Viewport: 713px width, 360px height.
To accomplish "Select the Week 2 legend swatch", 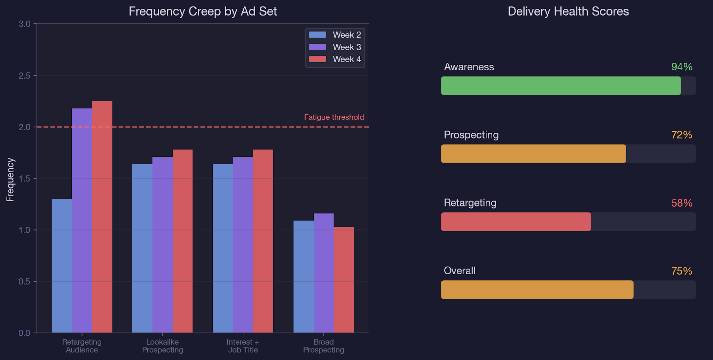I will click(x=318, y=35).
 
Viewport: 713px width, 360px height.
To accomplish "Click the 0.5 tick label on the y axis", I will click(x=24, y=281).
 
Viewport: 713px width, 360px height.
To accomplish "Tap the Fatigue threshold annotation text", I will click(x=334, y=117).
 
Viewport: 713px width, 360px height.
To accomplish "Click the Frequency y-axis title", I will click(x=10, y=180).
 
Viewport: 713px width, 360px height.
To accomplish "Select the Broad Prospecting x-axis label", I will click(x=323, y=346).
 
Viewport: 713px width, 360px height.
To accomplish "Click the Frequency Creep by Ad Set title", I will click(x=203, y=11).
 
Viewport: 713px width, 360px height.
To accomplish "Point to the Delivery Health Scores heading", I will click(x=568, y=11).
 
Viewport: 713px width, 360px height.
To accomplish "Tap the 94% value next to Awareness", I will click(x=682, y=67).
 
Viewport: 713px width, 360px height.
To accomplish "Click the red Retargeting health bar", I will click(x=516, y=222).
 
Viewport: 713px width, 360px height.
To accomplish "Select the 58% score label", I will click(x=682, y=203).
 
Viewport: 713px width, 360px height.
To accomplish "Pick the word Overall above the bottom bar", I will click(x=460, y=271).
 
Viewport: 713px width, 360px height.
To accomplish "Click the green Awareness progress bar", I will click(x=561, y=86).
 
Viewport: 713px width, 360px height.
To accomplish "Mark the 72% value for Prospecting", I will click(x=682, y=135).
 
